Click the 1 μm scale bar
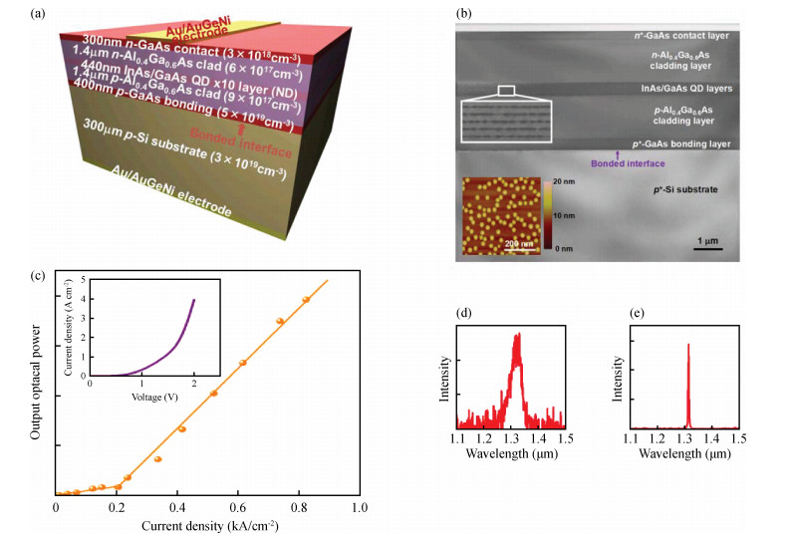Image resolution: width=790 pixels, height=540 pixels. [x=708, y=249]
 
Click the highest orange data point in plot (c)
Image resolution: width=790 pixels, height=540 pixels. [x=306, y=299]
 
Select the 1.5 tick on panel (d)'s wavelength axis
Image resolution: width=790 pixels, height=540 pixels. [x=564, y=436]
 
